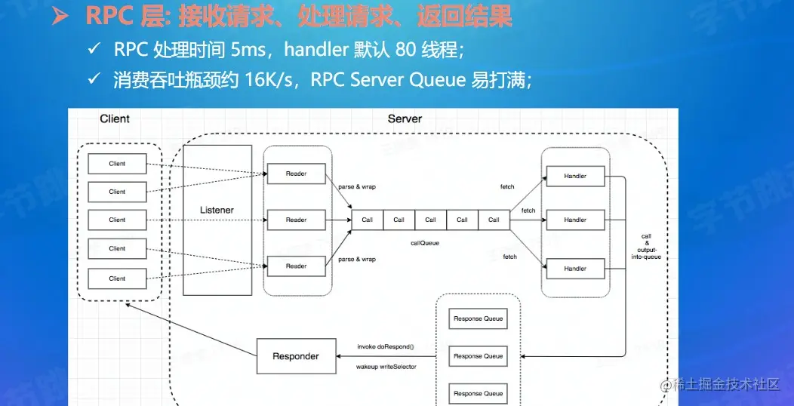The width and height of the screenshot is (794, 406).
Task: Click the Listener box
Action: point(217,209)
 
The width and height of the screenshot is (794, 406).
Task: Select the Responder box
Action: point(295,356)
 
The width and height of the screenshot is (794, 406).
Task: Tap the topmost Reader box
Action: point(296,174)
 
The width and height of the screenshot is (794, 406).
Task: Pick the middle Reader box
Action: point(296,220)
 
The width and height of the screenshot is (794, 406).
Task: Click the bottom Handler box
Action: point(575,269)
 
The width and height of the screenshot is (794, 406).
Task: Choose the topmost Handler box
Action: point(575,177)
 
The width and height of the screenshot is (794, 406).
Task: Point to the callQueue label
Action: point(424,243)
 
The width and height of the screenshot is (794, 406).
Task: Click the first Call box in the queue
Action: point(367,220)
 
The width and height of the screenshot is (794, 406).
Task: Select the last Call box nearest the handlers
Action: point(494,220)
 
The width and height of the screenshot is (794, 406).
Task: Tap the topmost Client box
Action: point(117,164)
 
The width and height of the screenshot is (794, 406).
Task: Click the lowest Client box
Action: point(117,278)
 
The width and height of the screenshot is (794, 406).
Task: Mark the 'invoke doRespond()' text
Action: point(386,347)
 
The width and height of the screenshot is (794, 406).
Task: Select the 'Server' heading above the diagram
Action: point(405,118)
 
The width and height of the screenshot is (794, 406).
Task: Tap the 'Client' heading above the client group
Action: point(115,118)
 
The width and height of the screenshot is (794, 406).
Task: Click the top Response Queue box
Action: point(478,319)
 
